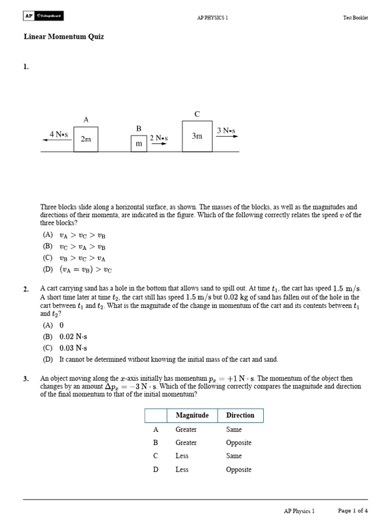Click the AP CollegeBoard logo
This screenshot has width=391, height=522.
point(43,17)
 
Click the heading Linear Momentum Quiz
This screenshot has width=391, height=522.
point(64,37)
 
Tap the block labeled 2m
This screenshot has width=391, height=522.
point(86,139)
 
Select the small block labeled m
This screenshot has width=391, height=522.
point(138,144)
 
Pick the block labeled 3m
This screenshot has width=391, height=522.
point(197,136)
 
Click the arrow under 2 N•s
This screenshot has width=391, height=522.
point(159,144)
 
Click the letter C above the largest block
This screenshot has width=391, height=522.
point(197,114)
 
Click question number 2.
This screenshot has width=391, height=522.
point(26,290)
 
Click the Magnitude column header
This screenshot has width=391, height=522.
point(192,415)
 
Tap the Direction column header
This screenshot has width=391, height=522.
point(240,415)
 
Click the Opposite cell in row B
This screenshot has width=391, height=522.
point(239,442)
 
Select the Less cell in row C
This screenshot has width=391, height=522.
point(182,456)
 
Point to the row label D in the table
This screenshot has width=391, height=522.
point(156,469)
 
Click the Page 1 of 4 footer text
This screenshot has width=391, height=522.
point(353,510)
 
